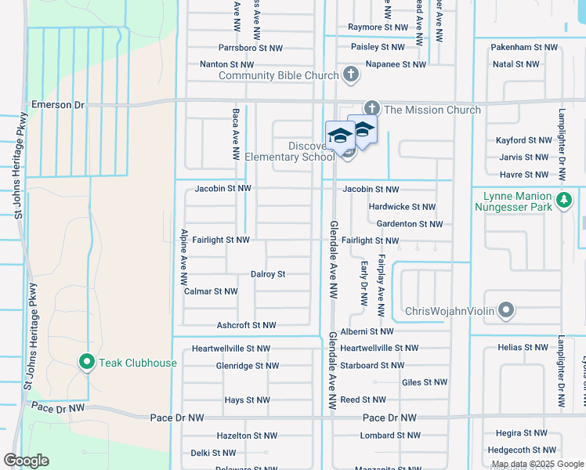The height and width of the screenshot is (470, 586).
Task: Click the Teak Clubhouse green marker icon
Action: tap(87, 362)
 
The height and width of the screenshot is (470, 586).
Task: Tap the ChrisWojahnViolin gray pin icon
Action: tap(506, 312)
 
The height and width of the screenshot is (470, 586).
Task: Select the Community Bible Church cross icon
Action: tap(351, 75)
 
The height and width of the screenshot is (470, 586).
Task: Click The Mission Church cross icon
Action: tap(371, 110)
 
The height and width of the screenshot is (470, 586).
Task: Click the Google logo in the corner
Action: tap(26, 461)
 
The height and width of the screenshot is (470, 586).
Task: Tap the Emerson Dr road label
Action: tap(57, 104)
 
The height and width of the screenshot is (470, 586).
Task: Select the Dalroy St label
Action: tap(267, 275)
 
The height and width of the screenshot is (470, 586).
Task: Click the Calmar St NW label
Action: tap(210, 291)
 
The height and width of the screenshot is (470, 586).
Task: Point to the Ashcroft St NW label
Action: tap(246, 325)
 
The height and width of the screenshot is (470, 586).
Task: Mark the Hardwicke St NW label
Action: tap(402, 207)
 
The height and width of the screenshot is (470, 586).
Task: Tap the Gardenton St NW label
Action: tap(409, 224)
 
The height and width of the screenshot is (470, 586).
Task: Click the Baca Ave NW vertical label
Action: tap(235, 136)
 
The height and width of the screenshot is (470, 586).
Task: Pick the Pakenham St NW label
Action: tap(524, 48)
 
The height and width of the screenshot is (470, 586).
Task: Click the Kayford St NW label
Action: tap(524, 140)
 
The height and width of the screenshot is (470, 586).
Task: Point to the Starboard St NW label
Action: tap(372, 365)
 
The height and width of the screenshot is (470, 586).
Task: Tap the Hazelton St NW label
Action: tap(247, 436)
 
